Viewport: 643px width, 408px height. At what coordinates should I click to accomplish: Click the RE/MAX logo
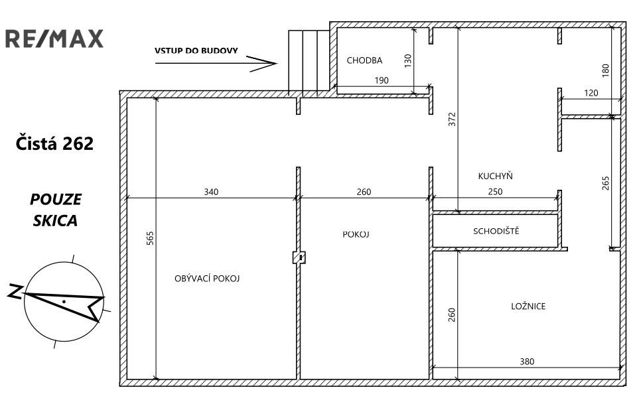point(54,38)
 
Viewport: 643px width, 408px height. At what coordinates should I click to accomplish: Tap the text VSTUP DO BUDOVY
point(196,51)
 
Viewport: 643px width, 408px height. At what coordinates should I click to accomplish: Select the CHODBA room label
point(364,60)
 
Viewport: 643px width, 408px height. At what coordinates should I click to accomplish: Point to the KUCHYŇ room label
point(496,176)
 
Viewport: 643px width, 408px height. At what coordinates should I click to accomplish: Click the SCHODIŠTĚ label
point(496,231)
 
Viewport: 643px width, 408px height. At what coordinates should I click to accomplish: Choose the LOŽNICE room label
point(528,306)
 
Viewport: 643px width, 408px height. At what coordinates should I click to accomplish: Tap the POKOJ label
point(356,234)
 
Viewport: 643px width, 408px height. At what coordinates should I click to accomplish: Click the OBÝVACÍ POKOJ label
point(207,279)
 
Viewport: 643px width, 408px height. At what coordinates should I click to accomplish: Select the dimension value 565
point(150,238)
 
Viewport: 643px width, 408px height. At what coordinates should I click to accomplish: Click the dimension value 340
point(211,192)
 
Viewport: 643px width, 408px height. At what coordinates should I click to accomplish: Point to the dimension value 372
point(452,119)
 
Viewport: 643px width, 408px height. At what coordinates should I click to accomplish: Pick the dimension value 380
point(527,362)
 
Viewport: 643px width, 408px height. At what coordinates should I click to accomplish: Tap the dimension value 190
point(382,80)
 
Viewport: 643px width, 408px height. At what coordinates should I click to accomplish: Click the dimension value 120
point(591,93)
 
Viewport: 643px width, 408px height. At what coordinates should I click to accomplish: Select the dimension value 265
point(606,183)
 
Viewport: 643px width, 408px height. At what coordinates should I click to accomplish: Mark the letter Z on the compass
point(15,291)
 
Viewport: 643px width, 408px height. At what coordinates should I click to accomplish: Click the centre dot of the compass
point(64,301)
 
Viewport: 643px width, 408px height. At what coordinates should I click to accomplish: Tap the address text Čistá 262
point(54,143)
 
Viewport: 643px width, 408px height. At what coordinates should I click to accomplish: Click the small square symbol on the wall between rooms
point(299,257)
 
